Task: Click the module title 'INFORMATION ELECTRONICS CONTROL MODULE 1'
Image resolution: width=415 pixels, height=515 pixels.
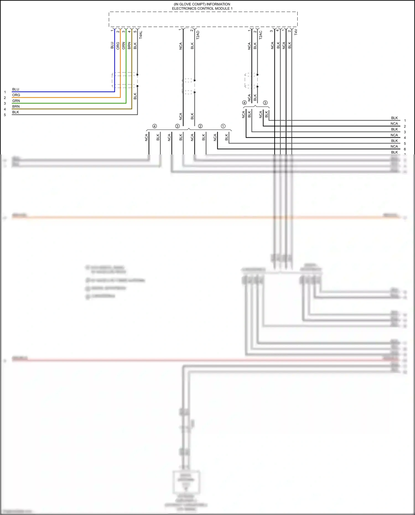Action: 202,6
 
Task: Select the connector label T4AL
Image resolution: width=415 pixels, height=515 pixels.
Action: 141,35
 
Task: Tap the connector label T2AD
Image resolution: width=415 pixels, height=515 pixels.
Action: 198,35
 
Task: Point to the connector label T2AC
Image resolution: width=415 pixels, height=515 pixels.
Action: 261,35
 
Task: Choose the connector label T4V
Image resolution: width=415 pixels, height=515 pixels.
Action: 296,32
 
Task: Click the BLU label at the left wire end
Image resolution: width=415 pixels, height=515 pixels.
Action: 15,89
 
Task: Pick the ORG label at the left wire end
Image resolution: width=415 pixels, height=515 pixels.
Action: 16,95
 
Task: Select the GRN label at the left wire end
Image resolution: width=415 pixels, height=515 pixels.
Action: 16,101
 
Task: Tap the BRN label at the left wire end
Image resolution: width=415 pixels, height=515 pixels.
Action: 16,107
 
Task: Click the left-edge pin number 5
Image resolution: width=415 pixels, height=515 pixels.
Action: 5,115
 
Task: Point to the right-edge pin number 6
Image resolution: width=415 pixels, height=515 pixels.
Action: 405,149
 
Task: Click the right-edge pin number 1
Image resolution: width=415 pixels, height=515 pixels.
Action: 405,121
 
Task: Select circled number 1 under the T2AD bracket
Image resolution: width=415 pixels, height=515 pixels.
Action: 223,126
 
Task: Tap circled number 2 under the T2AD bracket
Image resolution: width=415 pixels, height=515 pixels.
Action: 200,126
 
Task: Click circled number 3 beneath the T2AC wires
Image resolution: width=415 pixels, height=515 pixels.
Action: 265,103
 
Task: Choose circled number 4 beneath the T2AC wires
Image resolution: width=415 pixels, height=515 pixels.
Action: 244,103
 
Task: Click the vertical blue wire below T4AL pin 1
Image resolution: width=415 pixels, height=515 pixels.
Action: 115,61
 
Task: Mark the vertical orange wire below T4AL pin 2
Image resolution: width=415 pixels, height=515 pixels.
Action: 120,61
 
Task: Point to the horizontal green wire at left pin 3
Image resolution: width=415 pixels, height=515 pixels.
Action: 69,103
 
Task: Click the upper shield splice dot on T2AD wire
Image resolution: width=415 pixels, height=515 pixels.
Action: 194,81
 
